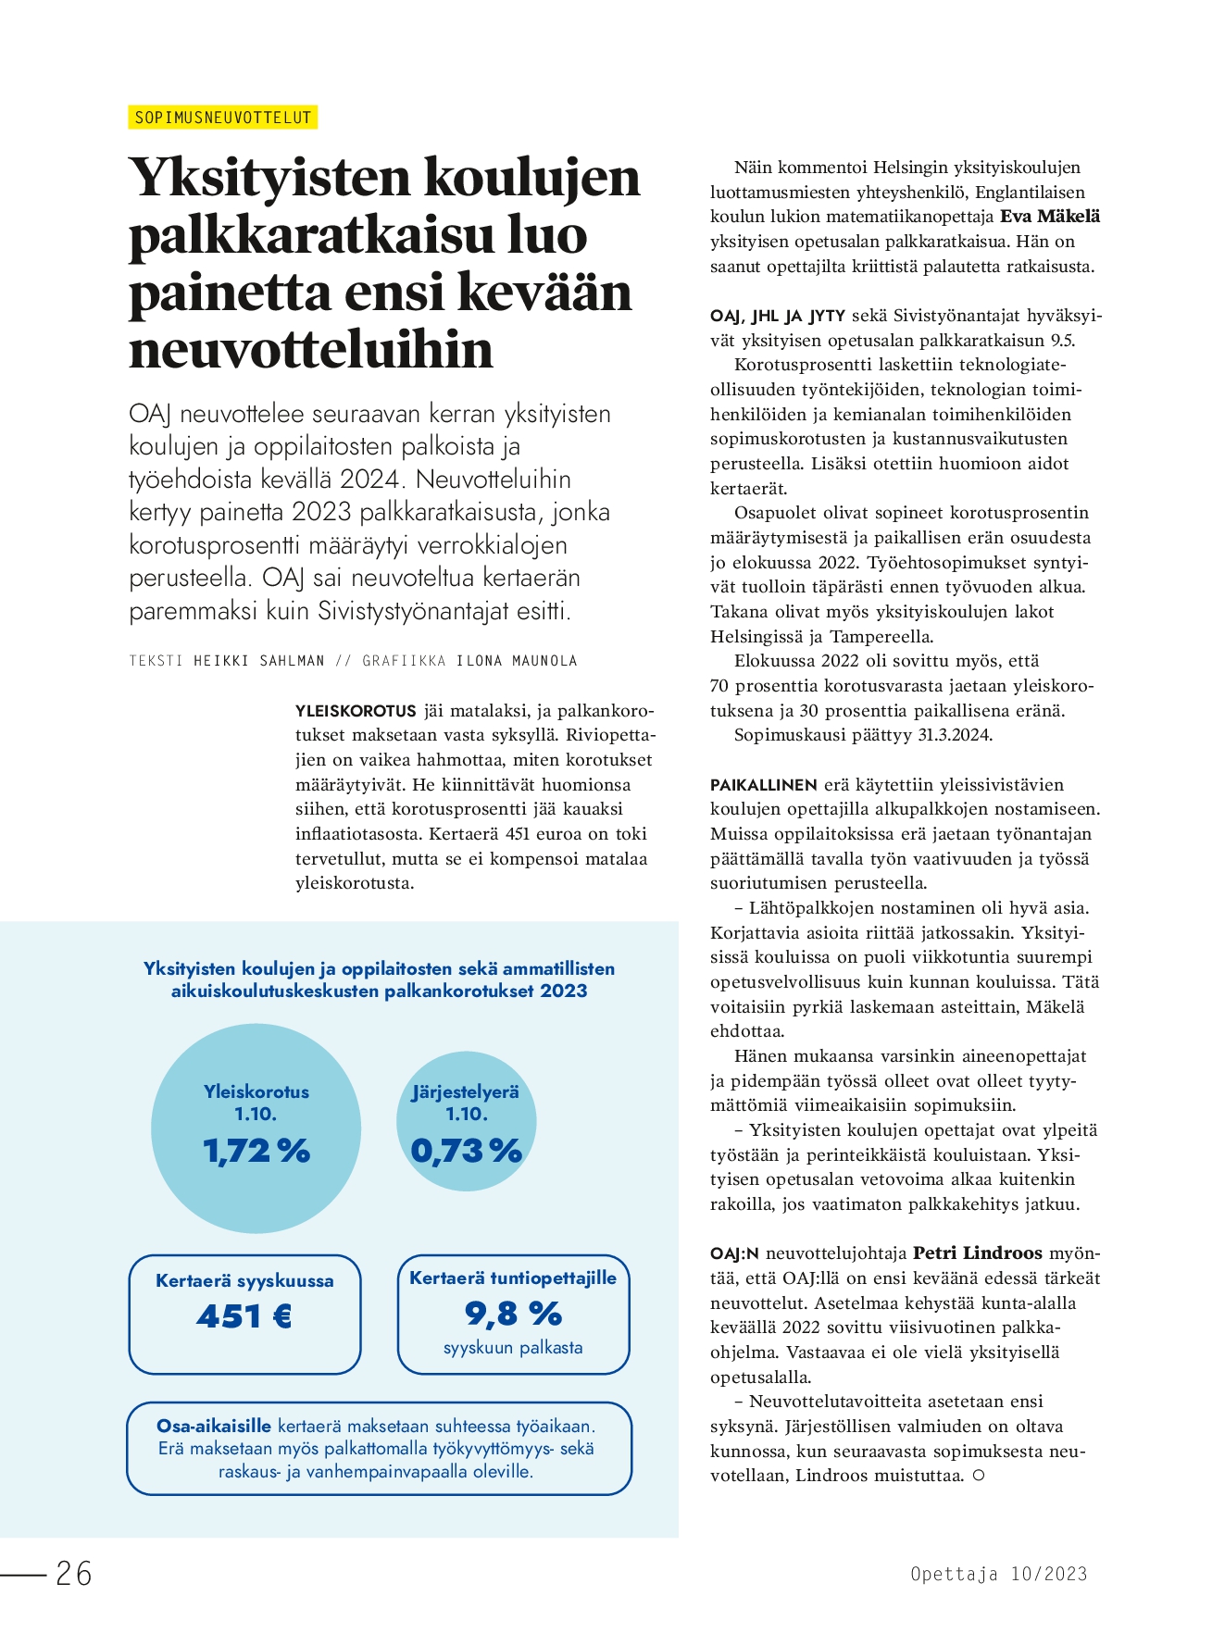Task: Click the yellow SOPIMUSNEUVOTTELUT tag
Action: point(223,118)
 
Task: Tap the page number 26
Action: point(74,1573)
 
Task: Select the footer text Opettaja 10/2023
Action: point(998,1574)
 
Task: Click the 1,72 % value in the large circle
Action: point(256,1151)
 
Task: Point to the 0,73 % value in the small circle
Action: point(467,1151)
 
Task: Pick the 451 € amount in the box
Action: point(244,1315)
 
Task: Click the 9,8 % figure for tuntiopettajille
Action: point(513,1313)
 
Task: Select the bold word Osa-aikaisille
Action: point(214,1426)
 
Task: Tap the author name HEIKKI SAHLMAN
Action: point(259,661)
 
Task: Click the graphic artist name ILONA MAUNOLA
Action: point(517,661)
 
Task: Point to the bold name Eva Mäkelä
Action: point(1050,217)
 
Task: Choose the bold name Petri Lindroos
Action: point(978,1253)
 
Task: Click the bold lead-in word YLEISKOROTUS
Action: point(356,711)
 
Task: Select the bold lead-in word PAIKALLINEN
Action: point(763,785)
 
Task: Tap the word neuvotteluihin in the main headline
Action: point(311,350)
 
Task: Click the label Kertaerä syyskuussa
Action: point(244,1281)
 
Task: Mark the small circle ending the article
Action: point(979,1476)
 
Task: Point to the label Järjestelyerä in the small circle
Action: point(466,1092)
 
